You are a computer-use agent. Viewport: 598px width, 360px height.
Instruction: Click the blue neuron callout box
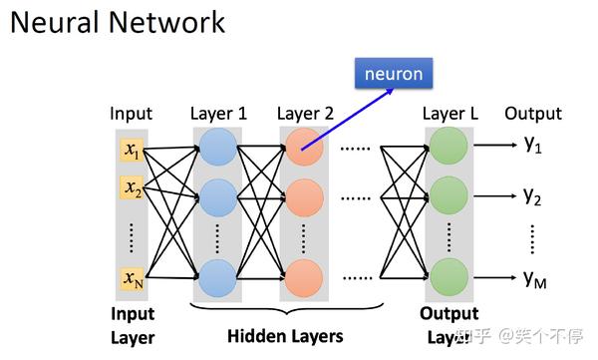394,74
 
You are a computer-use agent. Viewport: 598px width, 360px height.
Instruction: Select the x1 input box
133,151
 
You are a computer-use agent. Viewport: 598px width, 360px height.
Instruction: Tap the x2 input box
133,186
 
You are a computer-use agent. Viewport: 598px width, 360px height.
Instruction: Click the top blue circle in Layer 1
217,152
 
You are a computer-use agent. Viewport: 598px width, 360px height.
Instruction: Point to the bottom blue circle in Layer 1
217,277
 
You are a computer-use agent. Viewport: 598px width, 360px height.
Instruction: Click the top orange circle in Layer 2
303,152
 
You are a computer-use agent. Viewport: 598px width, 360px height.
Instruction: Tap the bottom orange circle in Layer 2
303,277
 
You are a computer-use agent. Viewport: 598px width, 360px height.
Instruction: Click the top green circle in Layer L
448,152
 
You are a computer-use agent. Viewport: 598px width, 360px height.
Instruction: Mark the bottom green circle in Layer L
448,277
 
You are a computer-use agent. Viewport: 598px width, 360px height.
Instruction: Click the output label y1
533,145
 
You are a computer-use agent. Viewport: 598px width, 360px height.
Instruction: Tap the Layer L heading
449,113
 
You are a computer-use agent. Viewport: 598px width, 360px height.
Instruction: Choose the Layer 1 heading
218,113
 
